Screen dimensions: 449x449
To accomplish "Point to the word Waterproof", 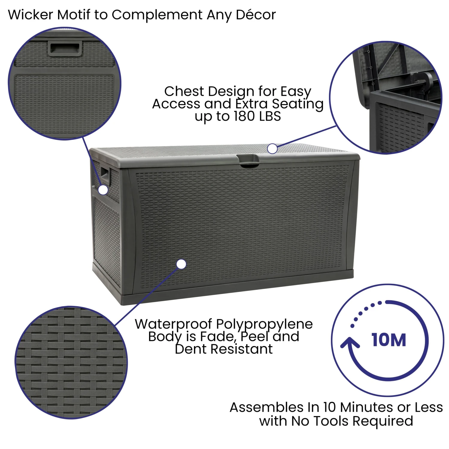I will [x=174, y=324].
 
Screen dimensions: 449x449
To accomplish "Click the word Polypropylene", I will [x=264, y=324].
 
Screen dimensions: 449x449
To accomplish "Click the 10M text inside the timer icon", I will [x=389, y=340].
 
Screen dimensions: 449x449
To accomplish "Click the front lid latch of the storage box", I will [x=248, y=160].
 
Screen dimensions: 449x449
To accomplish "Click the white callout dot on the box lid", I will [x=272, y=148].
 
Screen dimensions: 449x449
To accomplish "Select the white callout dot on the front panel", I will [x=181, y=264].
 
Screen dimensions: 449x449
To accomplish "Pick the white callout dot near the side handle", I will [x=103, y=190].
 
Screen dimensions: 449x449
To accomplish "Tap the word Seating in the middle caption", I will [x=298, y=104].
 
